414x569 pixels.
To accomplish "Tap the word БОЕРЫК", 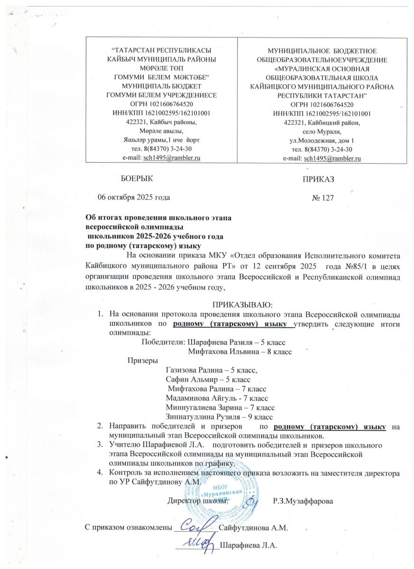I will (x=138, y=178).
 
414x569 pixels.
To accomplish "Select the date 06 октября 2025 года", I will (x=134, y=196).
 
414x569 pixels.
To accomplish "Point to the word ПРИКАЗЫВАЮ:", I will (x=242, y=303).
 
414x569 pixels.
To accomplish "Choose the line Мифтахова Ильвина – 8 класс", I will (x=239, y=351).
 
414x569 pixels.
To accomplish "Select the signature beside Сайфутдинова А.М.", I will (x=195, y=525).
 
